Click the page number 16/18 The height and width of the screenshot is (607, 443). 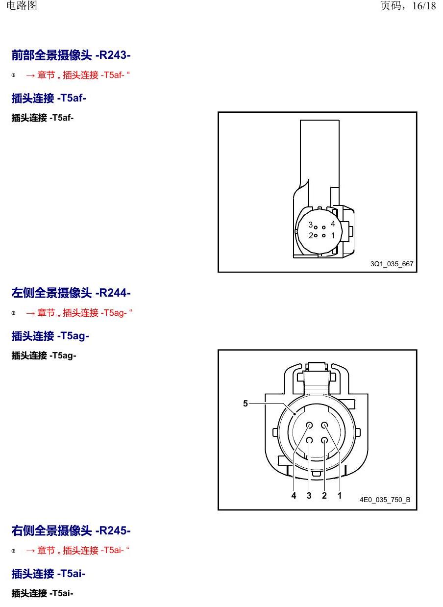pyautogui.click(x=424, y=6)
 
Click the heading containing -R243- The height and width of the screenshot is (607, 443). pyautogui.click(x=71, y=55)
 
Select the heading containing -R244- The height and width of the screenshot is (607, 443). pyautogui.click(x=71, y=293)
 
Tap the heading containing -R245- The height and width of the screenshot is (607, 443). pyautogui.click(x=71, y=531)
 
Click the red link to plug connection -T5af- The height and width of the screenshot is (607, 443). pyautogui.click(x=78, y=75)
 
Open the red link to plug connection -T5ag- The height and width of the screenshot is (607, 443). pyautogui.click(x=79, y=313)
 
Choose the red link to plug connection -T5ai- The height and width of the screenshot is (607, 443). pyautogui.click(x=78, y=550)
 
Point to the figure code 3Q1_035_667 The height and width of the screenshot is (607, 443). pyautogui.click(x=392, y=264)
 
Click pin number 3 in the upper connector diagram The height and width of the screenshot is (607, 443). pyautogui.click(x=311, y=225)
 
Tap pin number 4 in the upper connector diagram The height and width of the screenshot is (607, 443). pyautogui.click(x=333, y=224)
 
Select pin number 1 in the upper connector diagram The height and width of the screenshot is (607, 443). pyautogui.click(x=333, y=235)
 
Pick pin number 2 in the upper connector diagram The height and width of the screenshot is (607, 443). pyautogui.click(x=311, y=236)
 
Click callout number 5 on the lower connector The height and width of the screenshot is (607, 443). pyautogui.click(x=246, y=404)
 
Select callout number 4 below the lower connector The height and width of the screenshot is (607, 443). pyautogui.click(x=294, y=496)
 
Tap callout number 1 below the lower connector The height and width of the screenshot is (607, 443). pyautogui.click(x=340, y=496)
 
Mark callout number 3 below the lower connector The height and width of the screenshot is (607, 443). pyautogui.click(x=309, y=496)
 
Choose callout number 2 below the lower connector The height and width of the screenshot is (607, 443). pyautogui.click(x=324, y=496)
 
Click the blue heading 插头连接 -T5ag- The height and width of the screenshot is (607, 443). pyautogui.click(x=50, y=336)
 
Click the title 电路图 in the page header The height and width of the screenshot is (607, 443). pyautogui.click(x=22, y=5)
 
